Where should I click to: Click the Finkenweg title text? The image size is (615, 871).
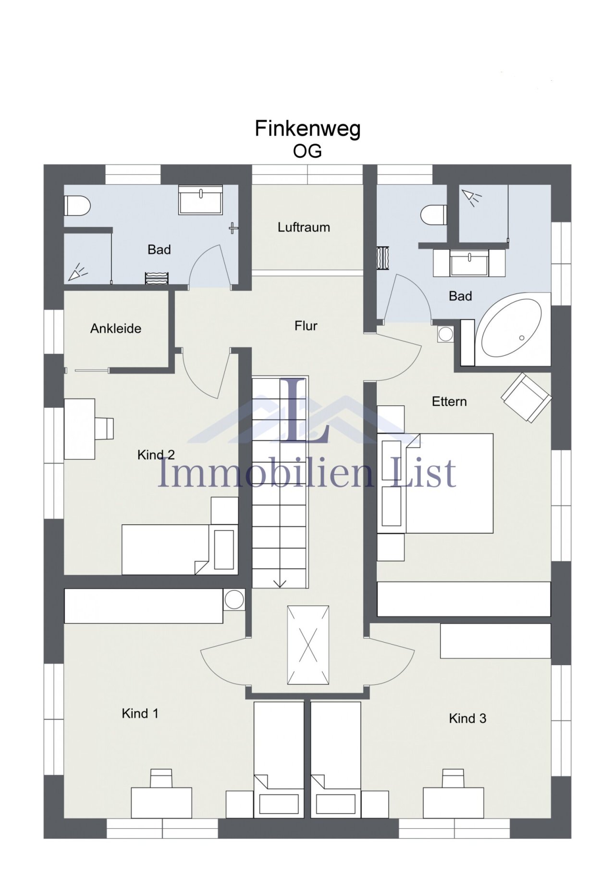point(307,129)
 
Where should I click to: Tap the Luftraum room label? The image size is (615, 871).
point(304,227)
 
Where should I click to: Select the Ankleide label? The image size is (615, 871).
point(116,328)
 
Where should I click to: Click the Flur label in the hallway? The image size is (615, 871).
point(306,326)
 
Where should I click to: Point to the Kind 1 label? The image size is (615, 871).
point(140,713)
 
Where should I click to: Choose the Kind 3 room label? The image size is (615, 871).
point(467,719)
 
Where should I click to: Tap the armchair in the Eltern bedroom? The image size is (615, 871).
point(526,397)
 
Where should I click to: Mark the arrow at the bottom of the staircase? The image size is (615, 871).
point(280,583)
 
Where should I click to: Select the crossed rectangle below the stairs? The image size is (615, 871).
point(308,644)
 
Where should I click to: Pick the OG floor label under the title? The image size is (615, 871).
point(307,151)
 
